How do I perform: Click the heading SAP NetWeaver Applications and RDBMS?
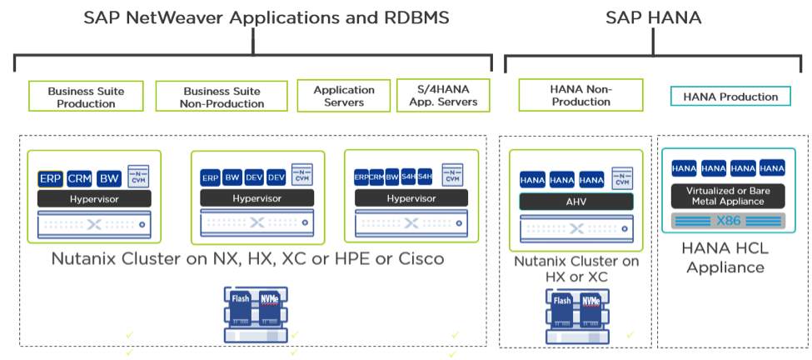coord(254,17)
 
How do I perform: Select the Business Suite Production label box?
coord(86,97)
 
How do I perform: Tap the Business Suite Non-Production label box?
coord(222,97)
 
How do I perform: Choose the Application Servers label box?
coord(344,96)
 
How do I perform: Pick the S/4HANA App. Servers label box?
coord(442,96)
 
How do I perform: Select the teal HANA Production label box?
coord(730,97)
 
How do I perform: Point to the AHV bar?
coord(576,202)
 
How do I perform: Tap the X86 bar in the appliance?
coord(730,222)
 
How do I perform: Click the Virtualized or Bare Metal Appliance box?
coord(730,196)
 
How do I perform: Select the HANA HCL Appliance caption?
coord(723,257)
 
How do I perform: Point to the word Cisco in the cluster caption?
coord(415,258)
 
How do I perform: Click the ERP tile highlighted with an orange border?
coord(51,178)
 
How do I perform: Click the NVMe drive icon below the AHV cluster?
coord(590,302)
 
